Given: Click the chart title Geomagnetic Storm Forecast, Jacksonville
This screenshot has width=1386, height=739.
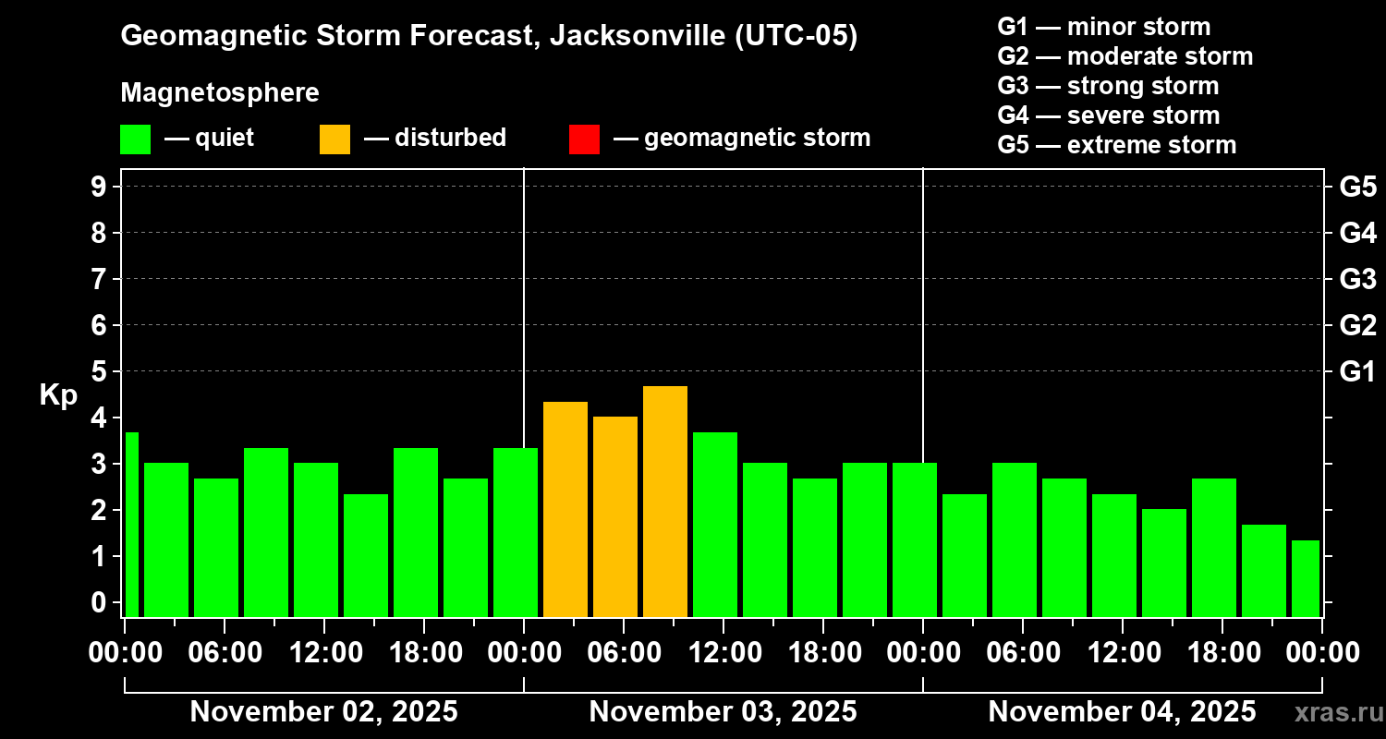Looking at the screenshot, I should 489,36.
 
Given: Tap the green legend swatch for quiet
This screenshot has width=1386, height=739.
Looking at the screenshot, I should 135,139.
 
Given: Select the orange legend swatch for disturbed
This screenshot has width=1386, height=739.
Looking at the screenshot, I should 334,139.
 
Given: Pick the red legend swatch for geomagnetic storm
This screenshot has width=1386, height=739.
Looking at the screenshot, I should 584,139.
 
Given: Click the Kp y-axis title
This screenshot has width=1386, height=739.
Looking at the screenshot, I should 58,394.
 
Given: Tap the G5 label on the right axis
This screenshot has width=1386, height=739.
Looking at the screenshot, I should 1357,187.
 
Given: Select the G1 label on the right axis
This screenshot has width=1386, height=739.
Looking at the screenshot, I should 1357,371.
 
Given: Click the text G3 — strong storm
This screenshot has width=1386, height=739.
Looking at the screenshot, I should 1108,86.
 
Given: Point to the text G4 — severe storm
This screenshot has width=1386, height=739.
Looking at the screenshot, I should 1108,115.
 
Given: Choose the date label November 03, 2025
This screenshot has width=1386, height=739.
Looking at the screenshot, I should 723,711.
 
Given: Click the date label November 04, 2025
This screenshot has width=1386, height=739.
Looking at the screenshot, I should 1122,711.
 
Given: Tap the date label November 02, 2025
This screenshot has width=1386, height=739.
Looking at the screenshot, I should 323,711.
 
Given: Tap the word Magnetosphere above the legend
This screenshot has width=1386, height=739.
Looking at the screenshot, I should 220,93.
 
